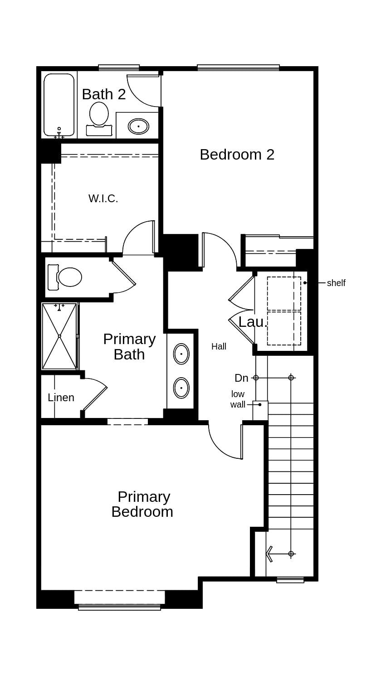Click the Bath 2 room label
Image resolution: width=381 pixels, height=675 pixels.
click(103, 94)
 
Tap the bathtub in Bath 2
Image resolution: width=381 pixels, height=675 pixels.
click(59, 105)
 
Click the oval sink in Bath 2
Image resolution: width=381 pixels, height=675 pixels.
click(138, 126)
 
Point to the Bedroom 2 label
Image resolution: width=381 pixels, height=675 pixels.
click(237, 155)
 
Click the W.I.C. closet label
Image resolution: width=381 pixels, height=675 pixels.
click(103, 199)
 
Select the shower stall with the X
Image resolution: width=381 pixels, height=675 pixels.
click(59, 336)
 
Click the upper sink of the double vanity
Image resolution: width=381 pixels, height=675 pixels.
click(181, 354)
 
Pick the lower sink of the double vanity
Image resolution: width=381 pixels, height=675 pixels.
click(181, 388)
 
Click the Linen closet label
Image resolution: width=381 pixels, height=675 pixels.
click(61, 398)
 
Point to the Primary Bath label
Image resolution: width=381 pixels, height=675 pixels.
click(129, 346)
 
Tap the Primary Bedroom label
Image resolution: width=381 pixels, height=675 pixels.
click(142, 504)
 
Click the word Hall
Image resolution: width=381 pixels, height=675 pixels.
click(219, 346)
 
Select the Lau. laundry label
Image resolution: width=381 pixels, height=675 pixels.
click(253, 322)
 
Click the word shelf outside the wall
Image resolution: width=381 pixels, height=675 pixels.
click(336, 283)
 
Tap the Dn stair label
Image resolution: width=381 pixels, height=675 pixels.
click(241, 378)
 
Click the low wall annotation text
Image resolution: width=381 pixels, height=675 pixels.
click(238, 399)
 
